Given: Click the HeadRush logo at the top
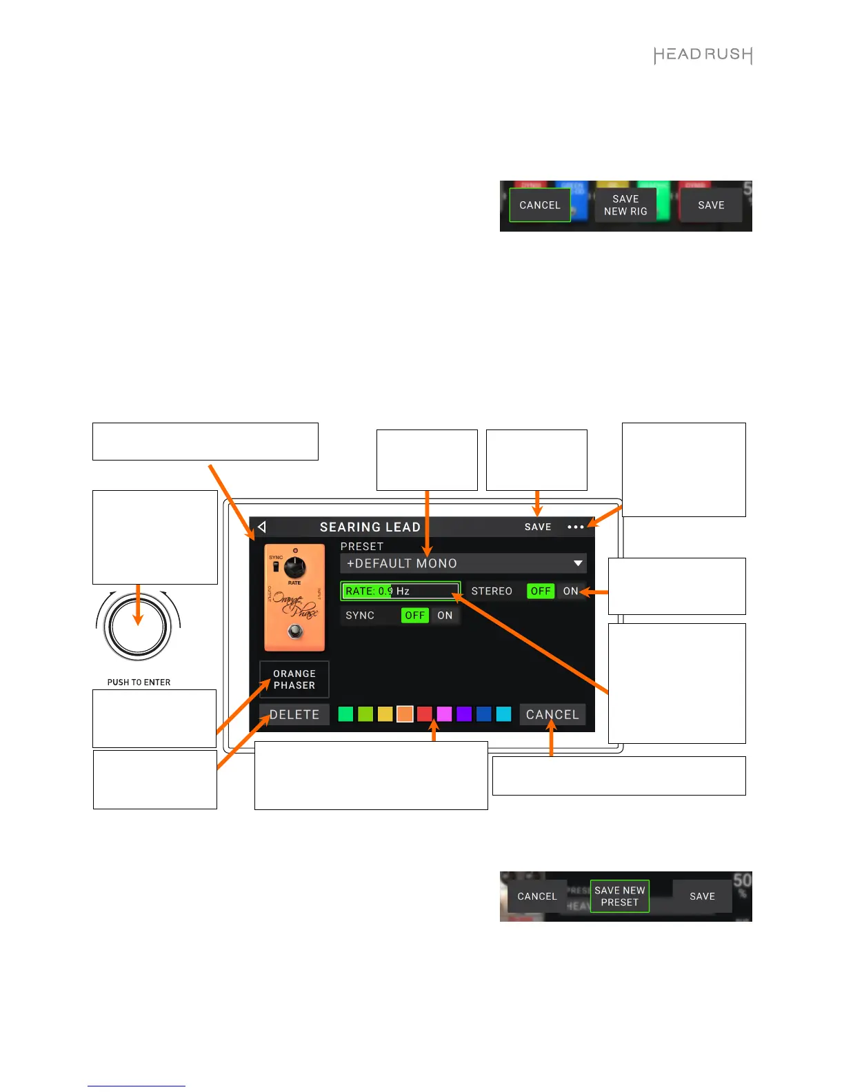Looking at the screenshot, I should [x=703, y=55].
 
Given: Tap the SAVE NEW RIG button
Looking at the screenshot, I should [x=625, y=205].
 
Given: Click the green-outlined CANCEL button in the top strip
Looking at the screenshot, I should [x=540, y=205].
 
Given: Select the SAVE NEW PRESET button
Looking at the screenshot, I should [x=619, y=896].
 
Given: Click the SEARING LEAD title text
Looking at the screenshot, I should [x=370, y=527].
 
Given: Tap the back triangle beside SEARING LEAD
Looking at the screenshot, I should [x=262, y=527].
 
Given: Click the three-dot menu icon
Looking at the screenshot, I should [x=575, y=527].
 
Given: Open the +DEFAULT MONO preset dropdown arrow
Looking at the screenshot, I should [x=578, y=563].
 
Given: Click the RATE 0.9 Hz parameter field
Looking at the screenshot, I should [x=400, y=591].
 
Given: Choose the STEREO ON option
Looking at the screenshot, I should [x=570, y=591].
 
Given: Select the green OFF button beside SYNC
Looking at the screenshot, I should [x=414, y=616].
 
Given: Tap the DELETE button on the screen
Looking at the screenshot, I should [x=294, y=715].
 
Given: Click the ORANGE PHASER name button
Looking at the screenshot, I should [x=294, y=680].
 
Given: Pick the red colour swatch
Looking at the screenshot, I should [x=425, y=714].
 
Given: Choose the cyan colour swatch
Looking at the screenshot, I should [x=504, y=714].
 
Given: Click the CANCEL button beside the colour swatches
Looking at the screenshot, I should [x=552, y=715].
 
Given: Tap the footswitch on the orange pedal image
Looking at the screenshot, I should [x=295, y=631].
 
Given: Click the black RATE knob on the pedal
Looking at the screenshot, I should [x=294, y=567].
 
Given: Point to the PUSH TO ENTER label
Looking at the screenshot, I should [x=139, y=682].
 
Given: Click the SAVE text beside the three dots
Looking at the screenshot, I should [x=538, y=527].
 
